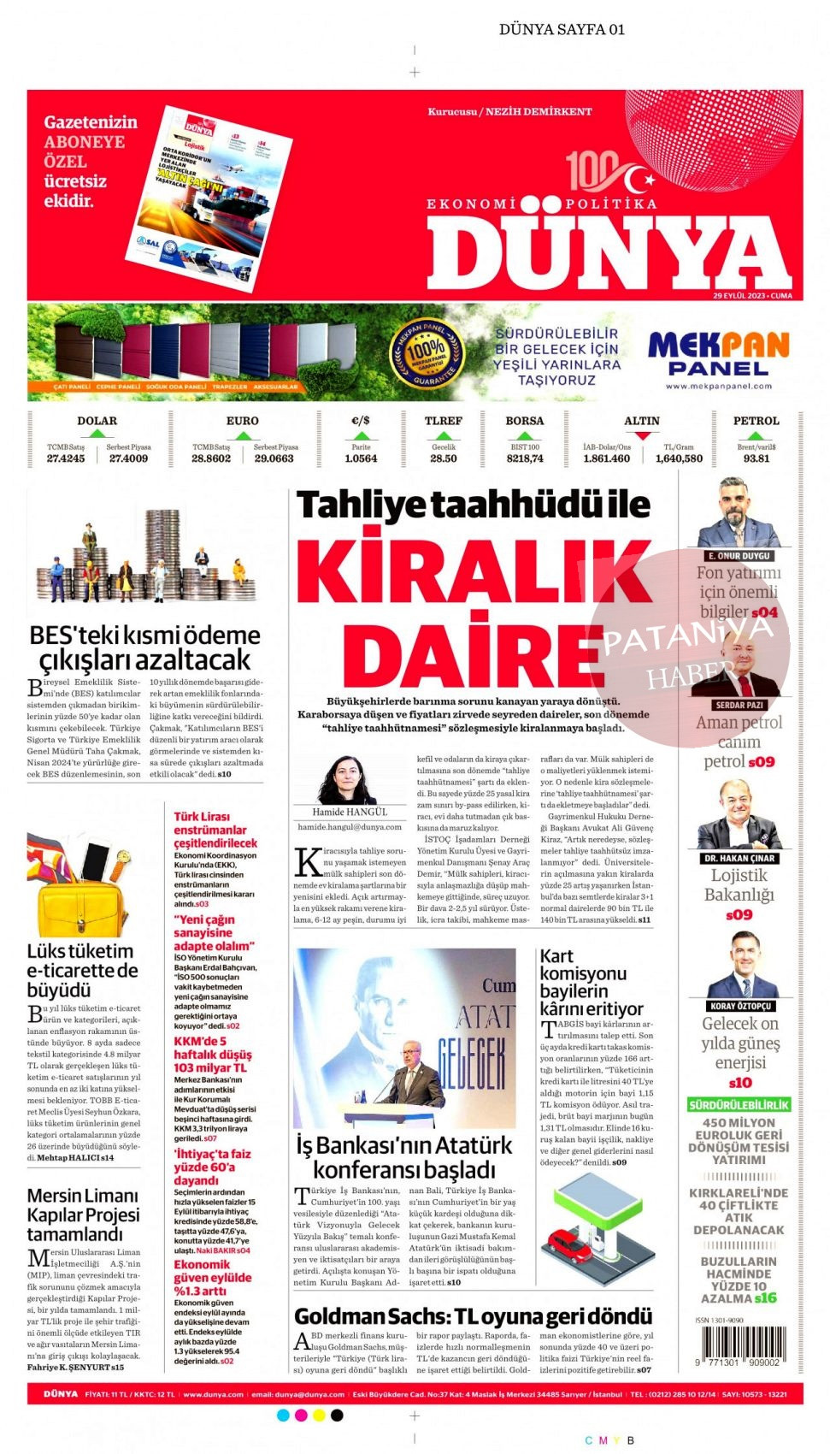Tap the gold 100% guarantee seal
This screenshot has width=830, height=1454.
tap(426, 352)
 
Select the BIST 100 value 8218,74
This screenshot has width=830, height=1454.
tap(525, 458)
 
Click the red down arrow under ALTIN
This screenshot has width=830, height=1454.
tap(642, 435)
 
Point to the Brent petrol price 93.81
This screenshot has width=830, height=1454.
tap(756, 458)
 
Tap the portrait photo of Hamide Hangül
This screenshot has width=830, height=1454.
tap(347, 779)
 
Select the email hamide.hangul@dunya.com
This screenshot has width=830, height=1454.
tap(350, 827)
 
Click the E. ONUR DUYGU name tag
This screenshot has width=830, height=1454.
tap(739, 556)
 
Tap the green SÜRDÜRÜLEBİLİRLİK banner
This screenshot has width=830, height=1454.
tap(739, 1105)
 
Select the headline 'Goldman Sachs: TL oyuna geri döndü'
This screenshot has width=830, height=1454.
tap(473, 1316)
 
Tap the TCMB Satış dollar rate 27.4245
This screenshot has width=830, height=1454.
tap(66, 458)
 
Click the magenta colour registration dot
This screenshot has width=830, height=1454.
tap(301, 1416)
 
